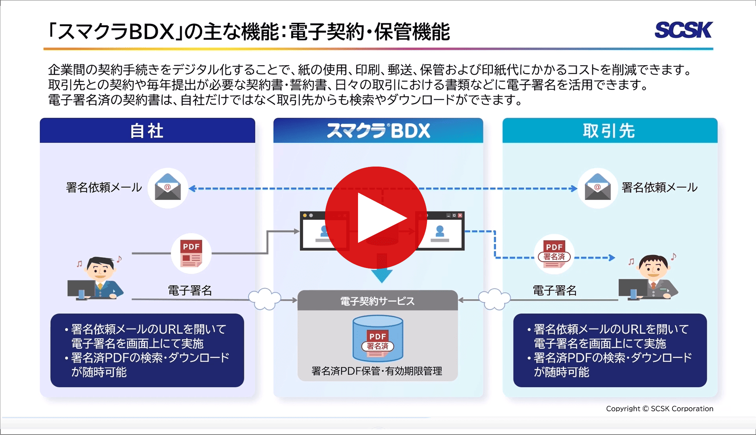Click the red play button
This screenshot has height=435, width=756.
376,217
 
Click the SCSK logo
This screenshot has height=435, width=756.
684,30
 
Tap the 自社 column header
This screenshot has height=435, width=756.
147,130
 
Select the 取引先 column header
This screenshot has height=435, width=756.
610,130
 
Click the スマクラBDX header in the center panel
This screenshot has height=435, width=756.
378,130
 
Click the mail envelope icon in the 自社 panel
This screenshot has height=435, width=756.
168,188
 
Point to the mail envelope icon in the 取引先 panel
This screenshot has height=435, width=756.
597,188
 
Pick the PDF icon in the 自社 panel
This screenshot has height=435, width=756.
191,253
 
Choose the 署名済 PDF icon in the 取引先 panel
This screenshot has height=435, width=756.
554,254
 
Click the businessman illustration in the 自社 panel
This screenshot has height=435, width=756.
98,278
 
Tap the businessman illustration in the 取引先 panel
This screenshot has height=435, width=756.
650,278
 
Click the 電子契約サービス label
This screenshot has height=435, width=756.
377,301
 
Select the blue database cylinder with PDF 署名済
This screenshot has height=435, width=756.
378,339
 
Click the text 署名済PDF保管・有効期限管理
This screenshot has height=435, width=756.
377,371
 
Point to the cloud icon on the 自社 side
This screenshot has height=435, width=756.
265,299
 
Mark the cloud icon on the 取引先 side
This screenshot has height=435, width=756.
494,299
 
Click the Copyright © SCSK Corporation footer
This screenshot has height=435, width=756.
660,409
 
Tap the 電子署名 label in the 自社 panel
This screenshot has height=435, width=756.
190,290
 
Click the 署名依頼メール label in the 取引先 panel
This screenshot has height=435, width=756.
660,187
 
